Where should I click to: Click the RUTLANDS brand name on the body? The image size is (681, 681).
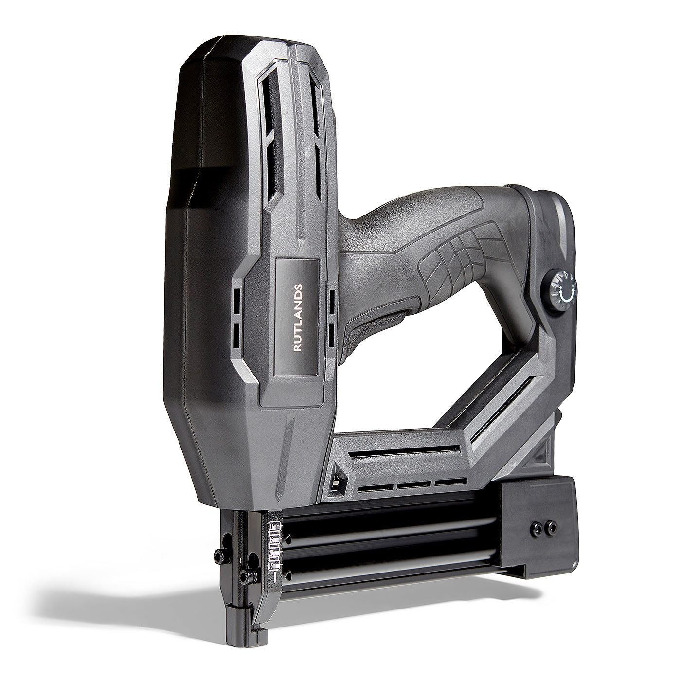tap(298, 318)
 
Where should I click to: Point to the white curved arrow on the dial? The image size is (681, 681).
tap(567, 294)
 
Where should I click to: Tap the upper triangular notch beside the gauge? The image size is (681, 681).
tap(289, 538)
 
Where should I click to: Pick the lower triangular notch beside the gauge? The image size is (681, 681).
tap(289, 575)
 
